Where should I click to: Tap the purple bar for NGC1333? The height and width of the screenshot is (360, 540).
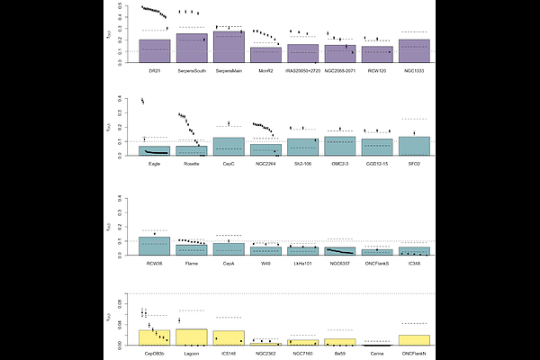414,51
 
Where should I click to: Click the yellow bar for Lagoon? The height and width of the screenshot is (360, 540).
192,337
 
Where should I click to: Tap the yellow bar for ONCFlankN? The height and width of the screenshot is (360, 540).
414,340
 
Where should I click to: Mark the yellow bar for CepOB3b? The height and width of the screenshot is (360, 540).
155,338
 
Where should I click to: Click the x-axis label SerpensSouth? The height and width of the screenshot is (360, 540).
192,70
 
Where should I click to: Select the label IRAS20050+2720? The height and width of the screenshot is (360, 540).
302,70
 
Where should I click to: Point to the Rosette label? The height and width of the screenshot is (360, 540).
192,164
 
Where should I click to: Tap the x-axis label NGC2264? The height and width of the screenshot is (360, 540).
265,164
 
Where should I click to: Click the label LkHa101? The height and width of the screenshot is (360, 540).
302,263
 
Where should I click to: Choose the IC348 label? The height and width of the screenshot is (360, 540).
414,263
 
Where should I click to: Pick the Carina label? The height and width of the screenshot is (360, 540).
377,355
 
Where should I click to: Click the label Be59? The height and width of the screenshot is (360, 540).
339,355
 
